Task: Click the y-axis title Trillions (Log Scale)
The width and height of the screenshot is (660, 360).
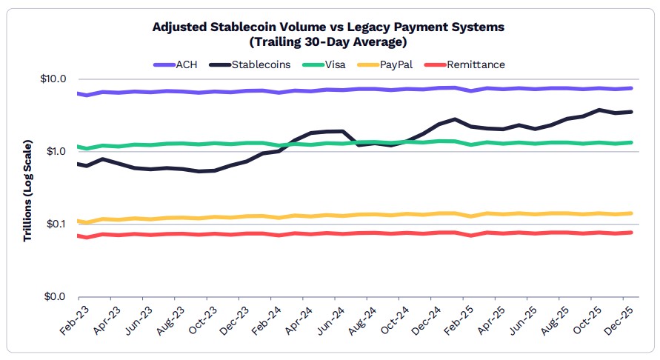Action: [27, 189]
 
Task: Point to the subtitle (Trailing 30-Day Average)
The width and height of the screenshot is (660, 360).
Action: [328, 41]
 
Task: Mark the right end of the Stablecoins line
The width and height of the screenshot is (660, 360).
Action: [631, 112]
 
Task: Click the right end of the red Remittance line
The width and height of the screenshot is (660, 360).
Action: [631, 233]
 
